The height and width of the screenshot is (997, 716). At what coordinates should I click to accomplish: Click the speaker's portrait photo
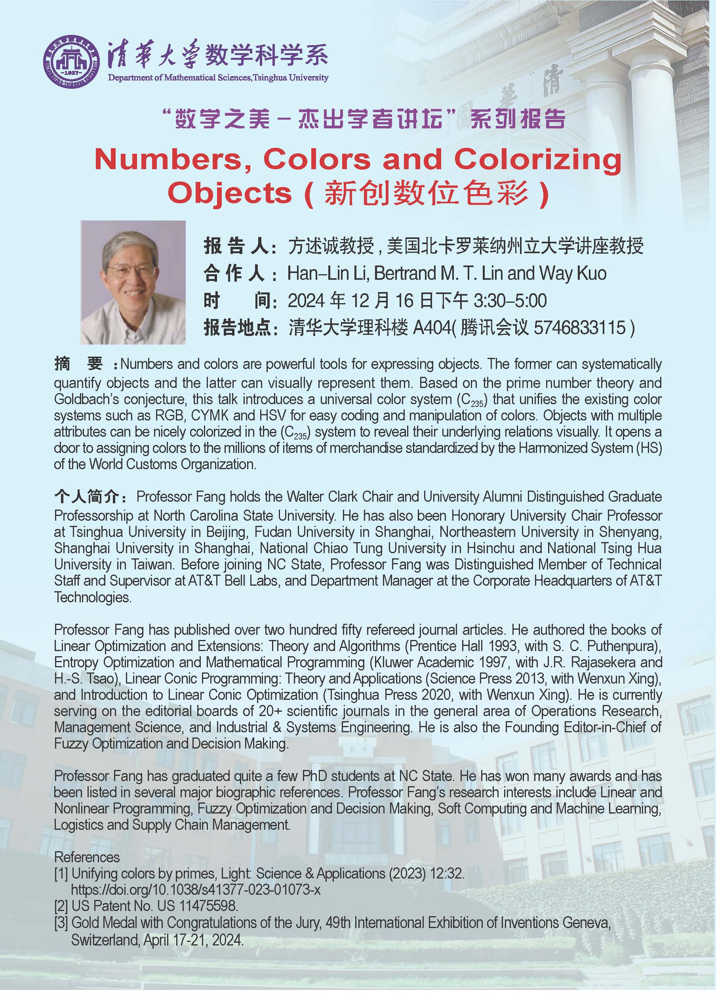coord(133,282)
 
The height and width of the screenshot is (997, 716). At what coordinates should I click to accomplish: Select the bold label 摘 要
coord(79,365)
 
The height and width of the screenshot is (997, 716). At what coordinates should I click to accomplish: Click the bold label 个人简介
coord(90,497)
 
